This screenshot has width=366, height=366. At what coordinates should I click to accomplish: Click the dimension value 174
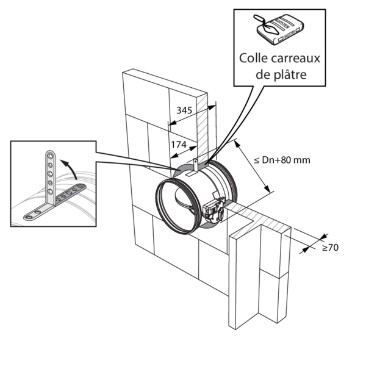coord(178,146)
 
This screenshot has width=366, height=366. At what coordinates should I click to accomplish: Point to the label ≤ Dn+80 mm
coord(282,160)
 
